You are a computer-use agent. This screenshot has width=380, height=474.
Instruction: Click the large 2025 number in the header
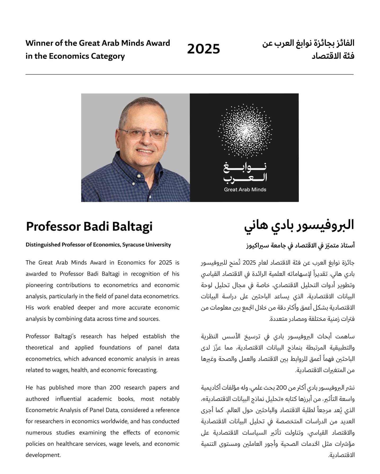click(x=203, y=49)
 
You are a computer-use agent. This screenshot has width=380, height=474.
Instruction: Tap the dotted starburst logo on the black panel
click(x=245, y=131)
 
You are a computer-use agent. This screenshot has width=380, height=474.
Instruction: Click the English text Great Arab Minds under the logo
click(x=245, y=189)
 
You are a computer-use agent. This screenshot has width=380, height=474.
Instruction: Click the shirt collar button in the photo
click(x=138, y=175)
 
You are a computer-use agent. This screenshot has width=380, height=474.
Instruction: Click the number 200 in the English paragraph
click(x=115, y=388)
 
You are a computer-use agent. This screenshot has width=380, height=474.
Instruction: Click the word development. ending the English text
click(x=43, y=455)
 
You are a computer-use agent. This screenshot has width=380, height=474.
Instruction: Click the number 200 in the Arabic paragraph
click(x=281, y=388)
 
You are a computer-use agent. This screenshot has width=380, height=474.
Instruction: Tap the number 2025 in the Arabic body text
click(x=249, y=263)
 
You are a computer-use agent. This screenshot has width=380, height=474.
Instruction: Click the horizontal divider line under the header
click(x=189, y=75)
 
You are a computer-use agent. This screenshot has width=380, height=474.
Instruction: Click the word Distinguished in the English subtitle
click(x=43, y=245)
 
